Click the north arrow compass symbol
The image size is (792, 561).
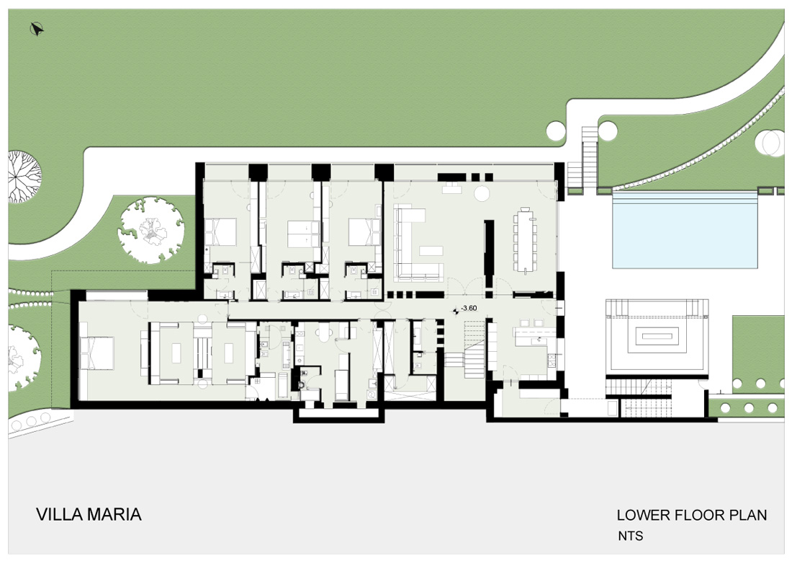[x=37, y=30]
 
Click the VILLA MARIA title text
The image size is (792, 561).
[x=89, y=514]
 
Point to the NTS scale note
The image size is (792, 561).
[x=631, y=536]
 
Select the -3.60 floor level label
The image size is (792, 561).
[x=469, y=308]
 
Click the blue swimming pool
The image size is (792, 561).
[x=685, y=231]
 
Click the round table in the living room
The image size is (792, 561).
[x=482, y=193]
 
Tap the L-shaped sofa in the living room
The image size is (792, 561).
[x=412, y=243]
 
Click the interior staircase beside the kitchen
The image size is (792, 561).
[x=474, y=348]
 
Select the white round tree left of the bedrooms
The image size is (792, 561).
[x=151, y=230]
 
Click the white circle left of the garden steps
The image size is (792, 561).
[x=555, y=130]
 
